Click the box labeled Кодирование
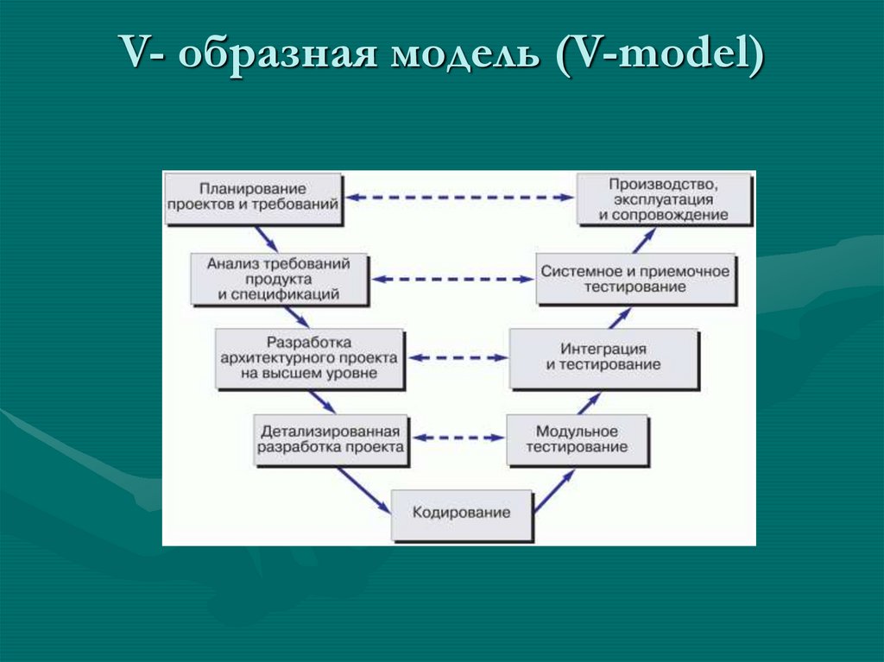click(x=461, y=514)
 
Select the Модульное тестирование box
click(x=577, y=439)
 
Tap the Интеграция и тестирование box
click(x=603, y=357)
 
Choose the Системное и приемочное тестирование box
click(x=635, y=278)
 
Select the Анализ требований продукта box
click(x=278, y=278)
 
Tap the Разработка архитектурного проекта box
click(x=308, y=357)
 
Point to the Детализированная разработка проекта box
click(x=330, y=438)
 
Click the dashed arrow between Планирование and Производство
click(x=458, y=198)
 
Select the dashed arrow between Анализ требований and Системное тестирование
click(x=453, y=279)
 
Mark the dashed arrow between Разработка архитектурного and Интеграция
click(x=457, y=357)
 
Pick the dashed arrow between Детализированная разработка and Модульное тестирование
click(x=456, y=438)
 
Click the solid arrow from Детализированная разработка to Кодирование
click(x=363, y=489)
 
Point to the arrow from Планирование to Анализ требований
click(x=266, y=238)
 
